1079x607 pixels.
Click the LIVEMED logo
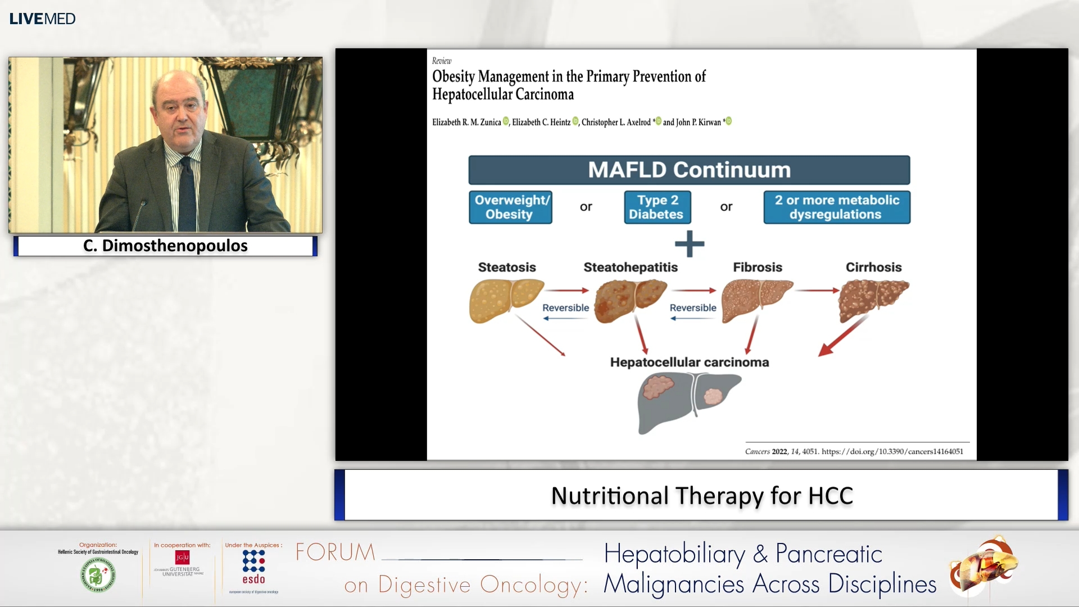tap(42, 19)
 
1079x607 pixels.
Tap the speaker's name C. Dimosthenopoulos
tap(165, 246)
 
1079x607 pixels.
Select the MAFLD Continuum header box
tap(689, 170)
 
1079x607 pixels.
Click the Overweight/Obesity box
tap(510, 207)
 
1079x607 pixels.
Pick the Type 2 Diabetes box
tap(657, 207)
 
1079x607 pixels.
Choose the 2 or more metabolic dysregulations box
tap(836, 207)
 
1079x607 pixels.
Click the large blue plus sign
tap(689, 243)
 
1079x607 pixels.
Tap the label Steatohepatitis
tap(630, 267)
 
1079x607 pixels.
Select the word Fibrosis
tap(757, 267)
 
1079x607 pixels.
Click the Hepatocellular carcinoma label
tap(689, 362)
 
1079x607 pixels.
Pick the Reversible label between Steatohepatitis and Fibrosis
tap(692, 307)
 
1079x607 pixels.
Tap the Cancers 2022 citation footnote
tap(854, 451)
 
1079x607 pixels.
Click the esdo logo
tap(253, 568)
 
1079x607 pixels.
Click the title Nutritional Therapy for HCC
tap(701, 496)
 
